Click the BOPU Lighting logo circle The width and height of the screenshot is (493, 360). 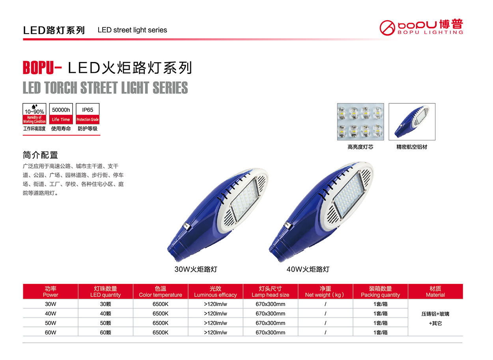click(387, 28)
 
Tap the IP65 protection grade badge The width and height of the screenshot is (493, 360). click(88, 114)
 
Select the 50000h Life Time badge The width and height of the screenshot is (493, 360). click(61, 114)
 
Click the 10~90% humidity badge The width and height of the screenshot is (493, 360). click(34, 114)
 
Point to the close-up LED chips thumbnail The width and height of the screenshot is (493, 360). click(360, 122)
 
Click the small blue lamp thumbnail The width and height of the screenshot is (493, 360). click(412, 122)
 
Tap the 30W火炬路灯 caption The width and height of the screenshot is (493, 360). click(196, 269)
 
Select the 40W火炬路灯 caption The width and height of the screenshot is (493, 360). click(308, 269)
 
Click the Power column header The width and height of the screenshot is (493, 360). click(50, 291)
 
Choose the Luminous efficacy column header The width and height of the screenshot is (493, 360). click(215, 291)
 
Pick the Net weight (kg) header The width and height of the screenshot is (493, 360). click(325, 291)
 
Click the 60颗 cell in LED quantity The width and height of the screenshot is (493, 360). click(105, 332)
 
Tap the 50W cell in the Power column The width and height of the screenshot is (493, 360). click(50, 323)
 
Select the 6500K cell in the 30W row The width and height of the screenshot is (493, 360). click(161, 304)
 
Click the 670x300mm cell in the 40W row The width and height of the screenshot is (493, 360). click(270, 313)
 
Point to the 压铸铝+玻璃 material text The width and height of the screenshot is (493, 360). click(435, 314)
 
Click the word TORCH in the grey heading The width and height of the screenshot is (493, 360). click(61, 88)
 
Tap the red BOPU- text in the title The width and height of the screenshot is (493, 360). click(42, 67)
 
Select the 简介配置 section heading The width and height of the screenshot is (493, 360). click(40, 155)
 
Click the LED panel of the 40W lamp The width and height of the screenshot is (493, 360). click(349, 195)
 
